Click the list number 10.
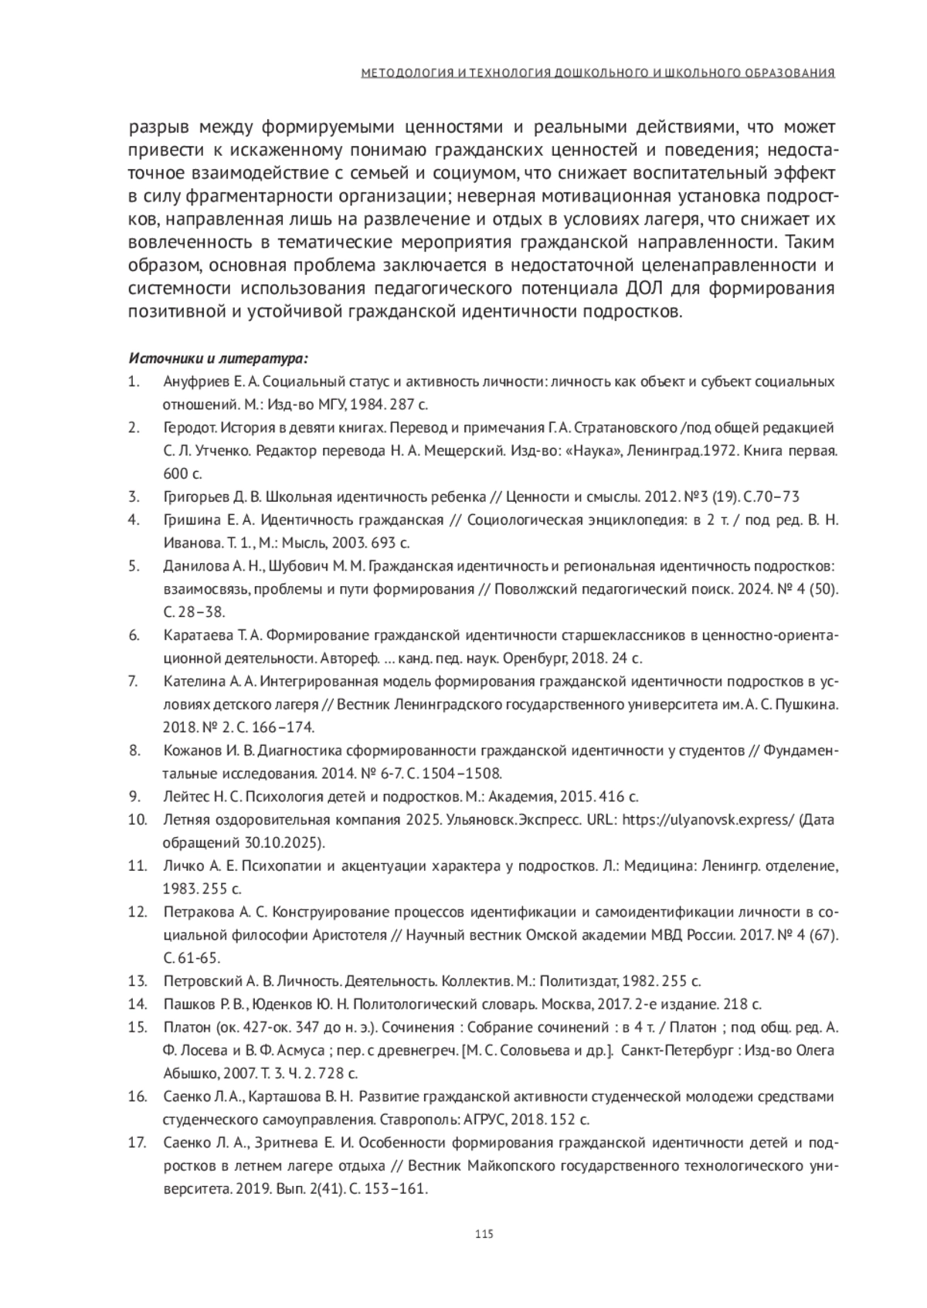pos(138,819)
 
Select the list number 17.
pos(138,1142)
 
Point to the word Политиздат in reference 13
pos(577,981)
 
